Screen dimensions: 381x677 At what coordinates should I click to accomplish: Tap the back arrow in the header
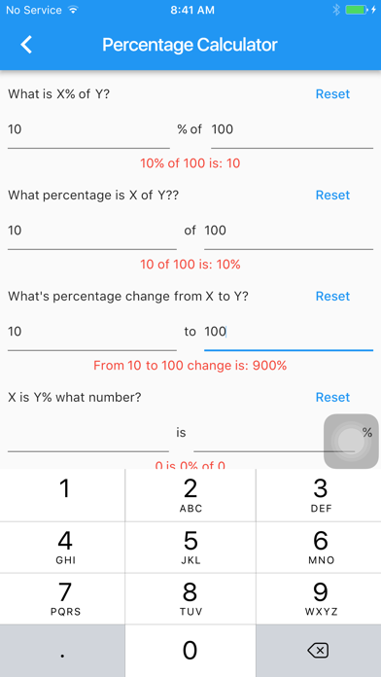point(26,45)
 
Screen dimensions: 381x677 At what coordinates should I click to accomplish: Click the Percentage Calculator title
point(190,45)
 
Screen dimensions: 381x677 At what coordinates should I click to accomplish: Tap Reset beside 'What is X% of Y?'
point(332,94)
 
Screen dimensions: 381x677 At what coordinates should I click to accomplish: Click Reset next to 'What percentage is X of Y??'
point(332,196)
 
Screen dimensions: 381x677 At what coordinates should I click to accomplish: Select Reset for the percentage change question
point(332,296)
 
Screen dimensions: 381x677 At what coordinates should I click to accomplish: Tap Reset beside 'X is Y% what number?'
point(332,397)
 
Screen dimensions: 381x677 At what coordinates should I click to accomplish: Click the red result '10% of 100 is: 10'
point(190,163)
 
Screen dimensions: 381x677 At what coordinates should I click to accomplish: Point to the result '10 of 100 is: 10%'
point(190,265)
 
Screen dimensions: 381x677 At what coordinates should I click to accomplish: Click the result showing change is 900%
point(190,366)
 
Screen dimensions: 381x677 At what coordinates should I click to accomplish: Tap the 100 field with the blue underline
point(289,332)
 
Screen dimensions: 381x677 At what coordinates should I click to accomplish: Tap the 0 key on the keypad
point(190,651)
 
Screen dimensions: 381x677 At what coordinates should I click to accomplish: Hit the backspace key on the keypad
point(319,651)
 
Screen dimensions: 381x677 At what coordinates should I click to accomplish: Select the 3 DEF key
point(319,495)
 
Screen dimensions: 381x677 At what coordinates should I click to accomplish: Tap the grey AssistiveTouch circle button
point(351,442)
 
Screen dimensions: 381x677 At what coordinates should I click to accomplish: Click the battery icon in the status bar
point(357,10)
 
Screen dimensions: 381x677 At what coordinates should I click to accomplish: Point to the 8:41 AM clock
point(192,11)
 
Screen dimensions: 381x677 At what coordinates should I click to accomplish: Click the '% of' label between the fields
point(190,129)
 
